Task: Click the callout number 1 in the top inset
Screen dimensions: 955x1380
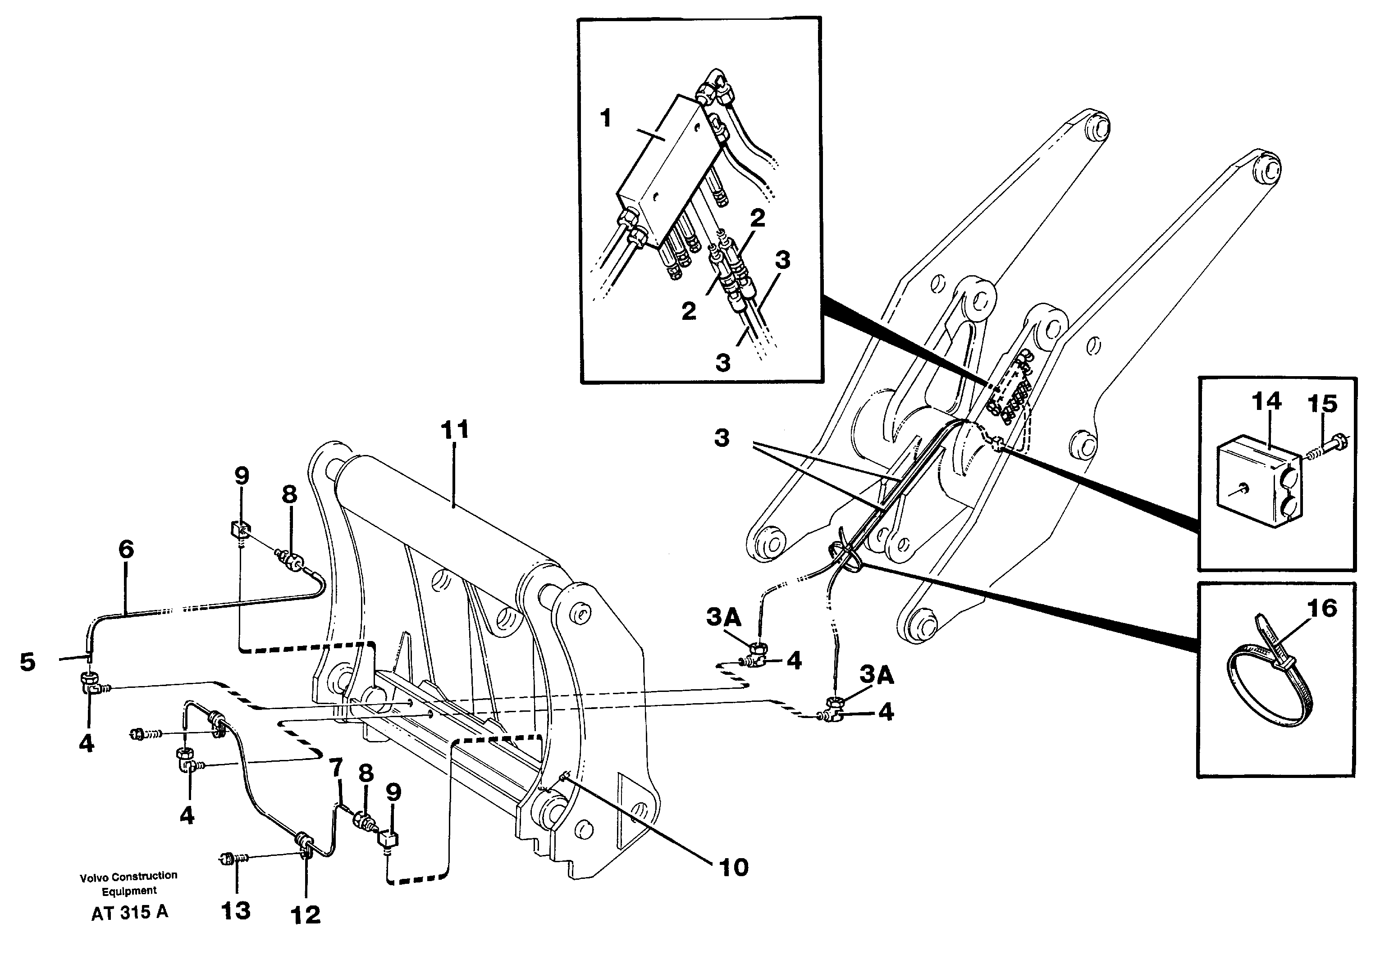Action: point(606,118)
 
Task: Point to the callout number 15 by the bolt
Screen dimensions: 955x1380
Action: point(1322,404)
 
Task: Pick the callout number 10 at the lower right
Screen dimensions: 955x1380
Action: point(733,867)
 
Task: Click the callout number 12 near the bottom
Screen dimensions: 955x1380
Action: point(305,914)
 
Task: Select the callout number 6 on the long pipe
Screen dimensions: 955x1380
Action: point(126,549)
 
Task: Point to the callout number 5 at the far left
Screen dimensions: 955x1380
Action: point(27,662)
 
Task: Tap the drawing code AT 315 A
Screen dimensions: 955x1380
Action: point(129,913)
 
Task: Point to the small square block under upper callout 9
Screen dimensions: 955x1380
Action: point(239,530)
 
